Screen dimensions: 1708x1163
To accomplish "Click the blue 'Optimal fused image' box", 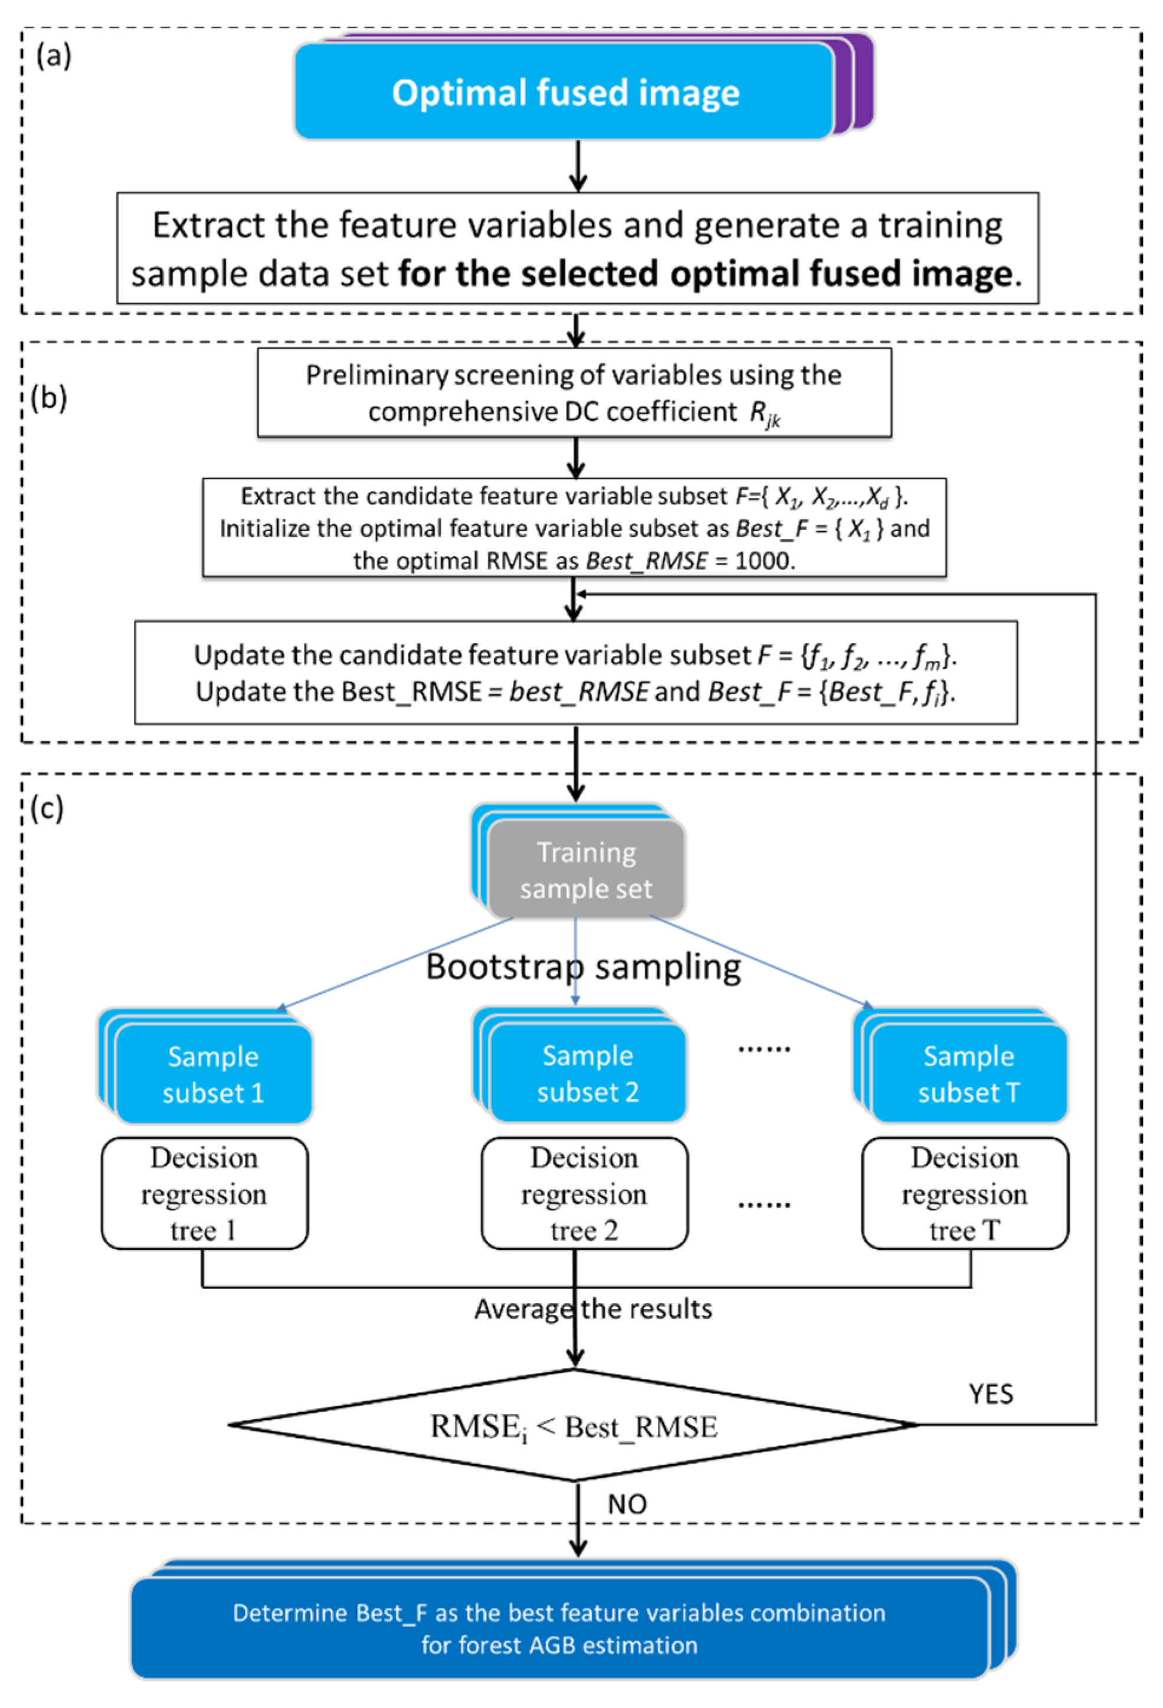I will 564,92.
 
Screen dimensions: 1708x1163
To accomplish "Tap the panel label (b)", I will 49,398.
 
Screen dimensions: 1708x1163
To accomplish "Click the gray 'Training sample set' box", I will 586,870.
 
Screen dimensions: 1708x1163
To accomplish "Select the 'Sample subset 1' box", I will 213,1074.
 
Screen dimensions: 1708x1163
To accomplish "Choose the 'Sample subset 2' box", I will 587,1074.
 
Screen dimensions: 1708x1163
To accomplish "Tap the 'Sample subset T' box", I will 968,1074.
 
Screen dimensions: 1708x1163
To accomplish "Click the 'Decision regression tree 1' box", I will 204,1194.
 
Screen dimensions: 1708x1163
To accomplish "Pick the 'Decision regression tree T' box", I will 965,1194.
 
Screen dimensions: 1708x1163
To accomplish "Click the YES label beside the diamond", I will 990,1394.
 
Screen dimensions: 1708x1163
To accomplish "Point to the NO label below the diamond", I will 626,1504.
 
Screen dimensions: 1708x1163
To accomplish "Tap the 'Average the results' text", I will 592,1309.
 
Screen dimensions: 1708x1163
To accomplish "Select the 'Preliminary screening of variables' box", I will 574,392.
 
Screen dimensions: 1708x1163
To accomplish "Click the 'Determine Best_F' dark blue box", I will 559,1628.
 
